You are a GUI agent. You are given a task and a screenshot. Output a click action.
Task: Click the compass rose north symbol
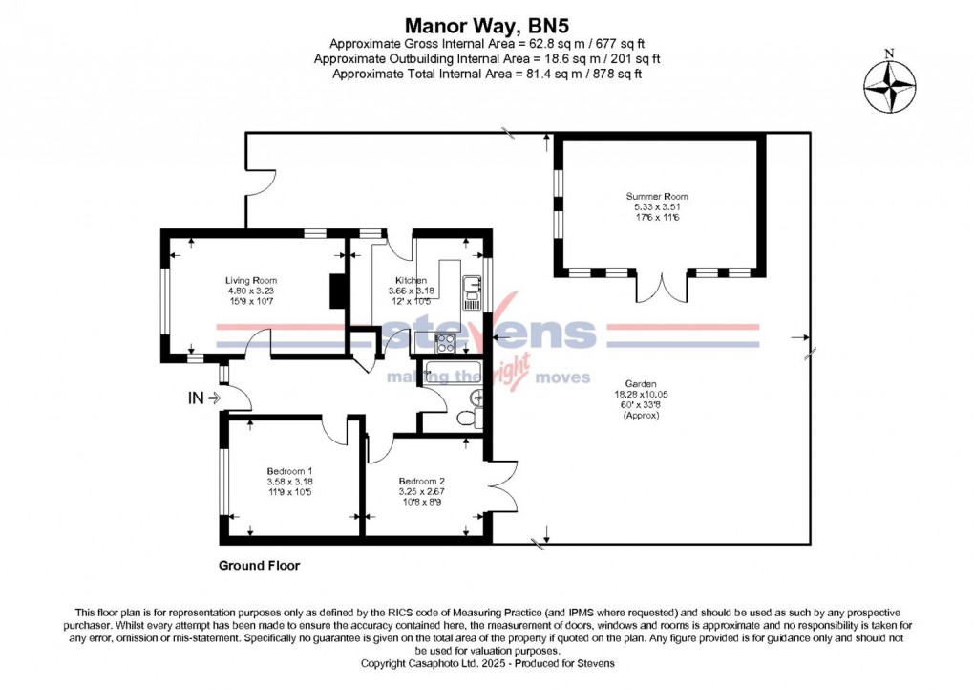pos(890,84)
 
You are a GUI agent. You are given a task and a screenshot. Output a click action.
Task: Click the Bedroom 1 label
pos(289,471)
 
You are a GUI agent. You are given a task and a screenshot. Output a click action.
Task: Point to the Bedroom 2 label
pos(423,481)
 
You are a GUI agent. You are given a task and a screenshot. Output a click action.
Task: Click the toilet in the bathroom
pos(465,418)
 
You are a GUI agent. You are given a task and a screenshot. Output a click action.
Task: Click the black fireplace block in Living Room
pos(335,291)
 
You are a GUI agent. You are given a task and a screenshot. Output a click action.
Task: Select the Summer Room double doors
pos(662,286)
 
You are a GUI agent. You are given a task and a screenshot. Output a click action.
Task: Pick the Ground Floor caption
pos(259,566)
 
